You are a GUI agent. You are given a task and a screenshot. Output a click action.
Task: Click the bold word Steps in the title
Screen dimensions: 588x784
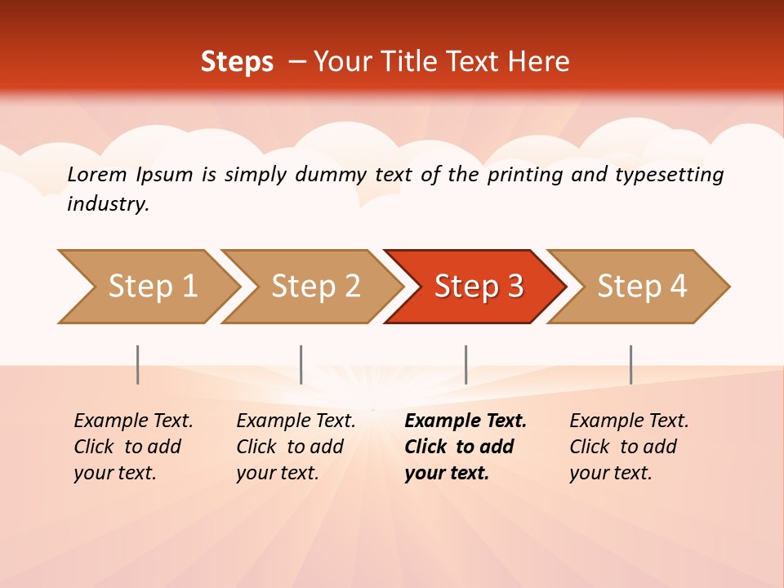[237, 61]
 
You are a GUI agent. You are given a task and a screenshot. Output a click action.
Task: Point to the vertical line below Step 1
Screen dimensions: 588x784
[138, 364]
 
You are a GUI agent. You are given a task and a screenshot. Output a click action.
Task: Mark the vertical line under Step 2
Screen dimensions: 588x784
[301, 364]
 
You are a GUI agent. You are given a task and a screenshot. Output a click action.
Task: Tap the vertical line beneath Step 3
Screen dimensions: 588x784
[465, 364]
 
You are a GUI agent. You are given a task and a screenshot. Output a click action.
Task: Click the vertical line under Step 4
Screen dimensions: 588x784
[630, 364]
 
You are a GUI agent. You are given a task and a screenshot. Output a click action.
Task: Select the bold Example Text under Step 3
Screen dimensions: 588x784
[465, 447]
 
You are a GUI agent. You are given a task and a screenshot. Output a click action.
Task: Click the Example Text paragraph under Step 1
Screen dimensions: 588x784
[133, 447]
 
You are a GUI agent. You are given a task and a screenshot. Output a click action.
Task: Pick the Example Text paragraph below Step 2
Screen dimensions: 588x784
[296, 447]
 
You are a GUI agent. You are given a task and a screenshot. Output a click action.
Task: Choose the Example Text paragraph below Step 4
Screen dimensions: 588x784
[629, 447]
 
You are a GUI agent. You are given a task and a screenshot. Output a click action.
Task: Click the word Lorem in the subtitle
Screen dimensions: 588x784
[97, 174]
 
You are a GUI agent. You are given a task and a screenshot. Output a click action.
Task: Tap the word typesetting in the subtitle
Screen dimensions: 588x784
[669, 174]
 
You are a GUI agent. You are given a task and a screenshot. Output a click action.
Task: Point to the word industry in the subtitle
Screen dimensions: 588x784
[107, 203]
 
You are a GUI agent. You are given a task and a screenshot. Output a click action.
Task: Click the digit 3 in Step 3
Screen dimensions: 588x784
[514, 286]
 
